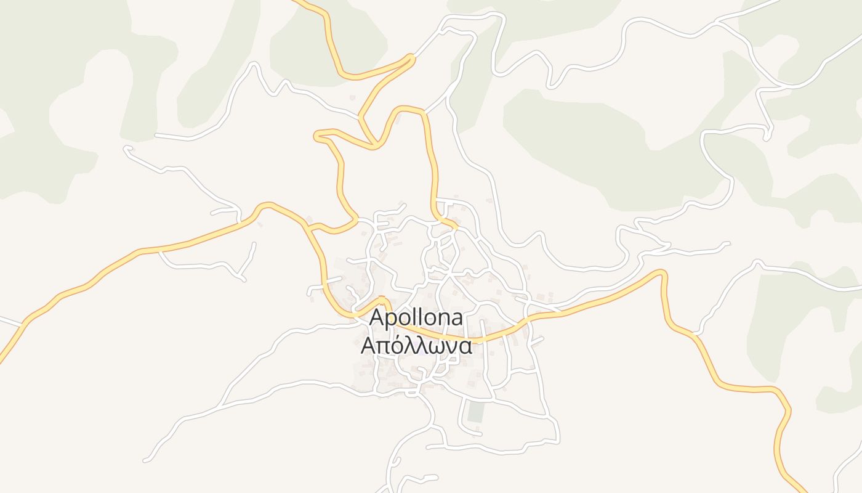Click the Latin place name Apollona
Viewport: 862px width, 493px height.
pos(416,319)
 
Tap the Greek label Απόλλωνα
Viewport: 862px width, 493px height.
pos(416,346)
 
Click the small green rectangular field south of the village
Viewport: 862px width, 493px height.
pos(475,412)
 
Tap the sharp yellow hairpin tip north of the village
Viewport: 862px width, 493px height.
pos(411,58)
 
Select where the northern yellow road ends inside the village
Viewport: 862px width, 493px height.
pos(456,228)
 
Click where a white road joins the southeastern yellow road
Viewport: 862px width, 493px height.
pos(695,335)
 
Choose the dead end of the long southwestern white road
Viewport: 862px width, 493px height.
pos(145,460)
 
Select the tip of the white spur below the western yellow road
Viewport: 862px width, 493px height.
pos(254,244)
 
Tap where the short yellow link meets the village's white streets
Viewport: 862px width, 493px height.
pos(357,218)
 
